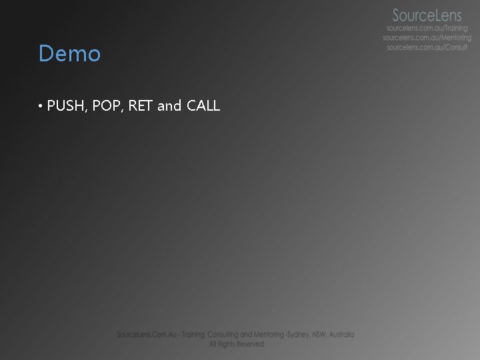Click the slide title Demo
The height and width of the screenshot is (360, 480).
pos(69,53)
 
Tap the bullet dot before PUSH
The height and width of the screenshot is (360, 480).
pos(41,106)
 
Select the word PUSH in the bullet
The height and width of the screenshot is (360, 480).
pos(64,105)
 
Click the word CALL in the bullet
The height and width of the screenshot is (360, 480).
pos(203,105)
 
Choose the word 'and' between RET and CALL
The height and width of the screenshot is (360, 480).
pos(169,105)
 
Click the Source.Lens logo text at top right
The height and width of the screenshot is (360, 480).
pos(426,15)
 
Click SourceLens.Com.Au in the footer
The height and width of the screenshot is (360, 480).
pos(144,335)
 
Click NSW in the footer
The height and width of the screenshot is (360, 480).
pos(325,335)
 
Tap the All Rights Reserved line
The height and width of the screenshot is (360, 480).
pos(236,344)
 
